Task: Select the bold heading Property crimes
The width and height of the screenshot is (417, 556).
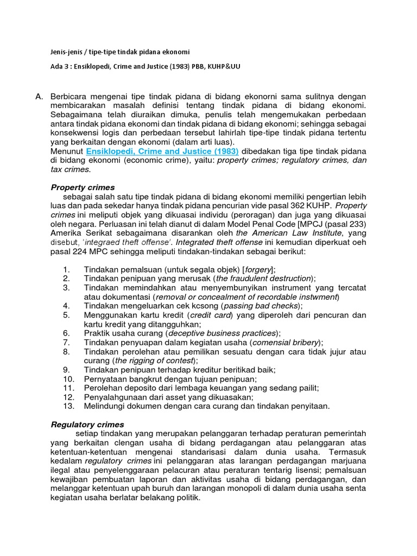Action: pyautogui.click(x=83, y=187)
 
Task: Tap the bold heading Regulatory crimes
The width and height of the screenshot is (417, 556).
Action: pyautogui.click(x=87, y=424)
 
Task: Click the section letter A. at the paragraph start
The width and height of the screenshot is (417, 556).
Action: pyautogui.click(x=39, y=96)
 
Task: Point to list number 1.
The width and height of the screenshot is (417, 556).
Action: pyautogui.click(x=66, y=269)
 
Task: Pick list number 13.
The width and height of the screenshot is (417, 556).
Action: pyautogui.click(x=68, y=406)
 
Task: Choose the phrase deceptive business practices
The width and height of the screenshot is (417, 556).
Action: pyautogui.click(x=222, y=333)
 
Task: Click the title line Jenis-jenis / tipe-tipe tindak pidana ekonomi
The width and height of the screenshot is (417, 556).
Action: pyautogui.click(x=120, y=52)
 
